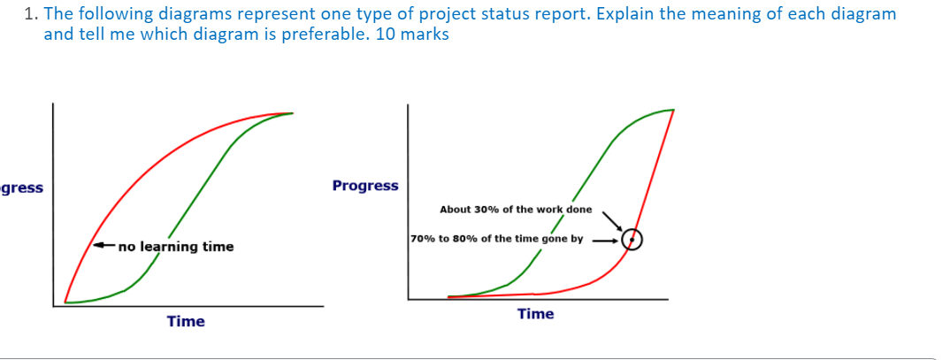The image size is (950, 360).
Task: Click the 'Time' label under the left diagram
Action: [x=186, y=321]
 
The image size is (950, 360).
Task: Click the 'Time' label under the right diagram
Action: [x=535, y=314]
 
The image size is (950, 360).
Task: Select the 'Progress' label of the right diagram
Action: [x=365, y=186]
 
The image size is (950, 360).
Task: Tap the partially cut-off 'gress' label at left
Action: [x=22, y=188]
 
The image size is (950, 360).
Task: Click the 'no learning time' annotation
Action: [x=176, y=247]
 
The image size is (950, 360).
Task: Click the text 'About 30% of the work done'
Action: [x=516, y=210]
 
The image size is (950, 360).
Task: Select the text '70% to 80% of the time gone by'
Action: [x=496, y=239]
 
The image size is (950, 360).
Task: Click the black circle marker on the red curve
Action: [x=632, y=240]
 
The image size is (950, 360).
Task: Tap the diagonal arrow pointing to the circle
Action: [x=612, y=220]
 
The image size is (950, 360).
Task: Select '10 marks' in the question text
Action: [x=416, y=34]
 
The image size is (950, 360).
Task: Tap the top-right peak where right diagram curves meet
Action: [x=672, y=111]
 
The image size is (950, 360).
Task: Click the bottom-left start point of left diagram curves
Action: [x=65, y=302]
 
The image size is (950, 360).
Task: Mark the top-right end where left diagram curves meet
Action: [x=290, y=113]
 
